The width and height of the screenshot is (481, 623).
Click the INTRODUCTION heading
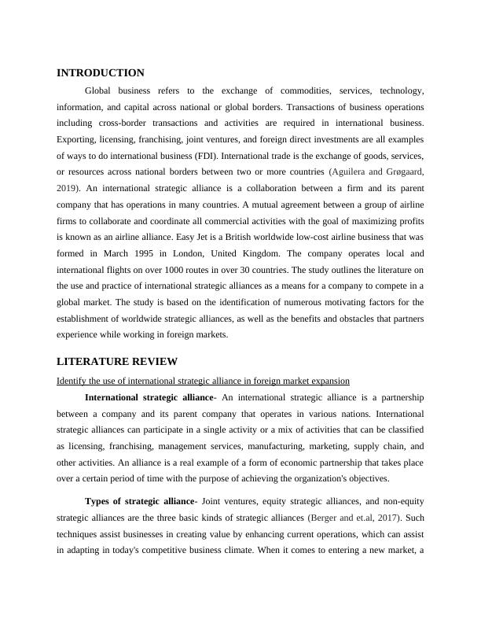click(101, 72)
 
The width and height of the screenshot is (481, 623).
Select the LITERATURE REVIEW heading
click(117, 361)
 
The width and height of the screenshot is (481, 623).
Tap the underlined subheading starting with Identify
click(203, 381)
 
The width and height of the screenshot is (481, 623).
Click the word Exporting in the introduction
click(79, 139)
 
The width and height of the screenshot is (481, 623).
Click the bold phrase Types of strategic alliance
click(139, 501)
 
